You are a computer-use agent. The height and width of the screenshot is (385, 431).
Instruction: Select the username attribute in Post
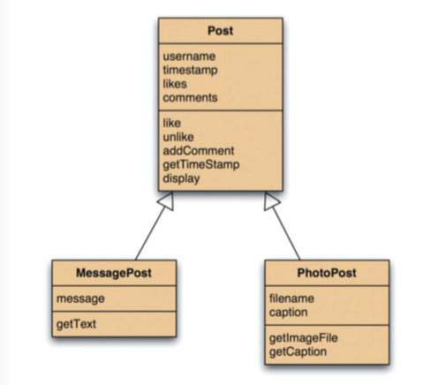188,57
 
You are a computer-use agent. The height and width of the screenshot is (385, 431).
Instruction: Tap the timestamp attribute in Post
190,71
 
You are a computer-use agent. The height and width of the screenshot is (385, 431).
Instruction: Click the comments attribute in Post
190,97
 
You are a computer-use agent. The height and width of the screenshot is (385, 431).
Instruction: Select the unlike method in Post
178,138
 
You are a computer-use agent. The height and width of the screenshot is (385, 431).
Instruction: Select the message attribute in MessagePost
80,299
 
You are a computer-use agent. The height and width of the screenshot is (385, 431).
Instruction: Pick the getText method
76,324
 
